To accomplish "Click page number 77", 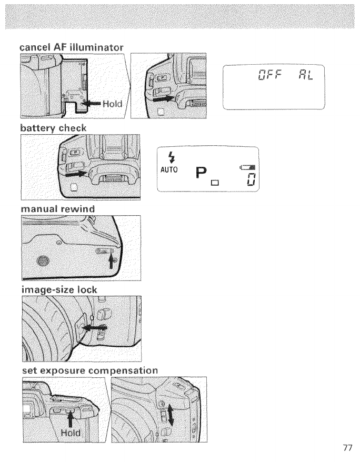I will coord(345,448).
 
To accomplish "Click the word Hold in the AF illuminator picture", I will coord(112,104).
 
